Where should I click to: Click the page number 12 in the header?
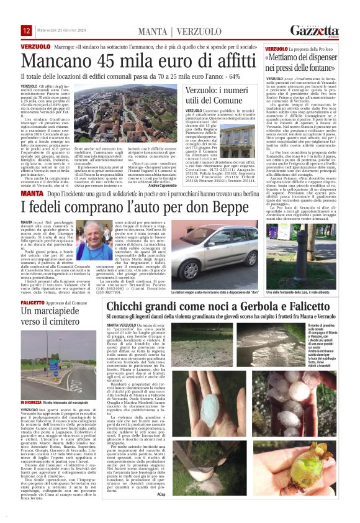click(27, 30)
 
